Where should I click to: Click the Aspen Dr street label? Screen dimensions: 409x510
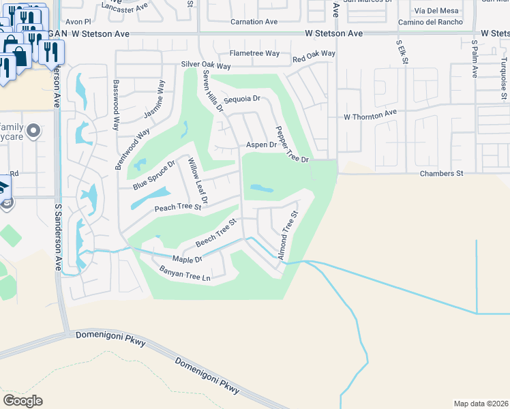(x=261, y=145)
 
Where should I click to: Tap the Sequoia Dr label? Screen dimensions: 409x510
(x=243, y=99)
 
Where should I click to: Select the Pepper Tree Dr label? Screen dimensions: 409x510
(x=292, y=144)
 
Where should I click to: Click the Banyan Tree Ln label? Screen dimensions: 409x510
(x=184, y=275)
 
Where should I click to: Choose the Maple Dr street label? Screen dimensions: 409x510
(x=187, y=260)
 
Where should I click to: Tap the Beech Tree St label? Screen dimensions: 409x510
(x=215, y=233)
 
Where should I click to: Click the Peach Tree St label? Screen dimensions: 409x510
(x=178, y=207)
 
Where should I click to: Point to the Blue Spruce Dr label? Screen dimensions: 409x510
(x=154, y=175)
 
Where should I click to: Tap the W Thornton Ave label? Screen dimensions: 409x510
(x=370, y=117)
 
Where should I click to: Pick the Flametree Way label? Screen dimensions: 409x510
(x=254, y=53)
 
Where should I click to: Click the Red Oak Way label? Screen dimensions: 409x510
(x=314, y=53)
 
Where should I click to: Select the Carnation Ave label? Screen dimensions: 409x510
(x=254, y=22)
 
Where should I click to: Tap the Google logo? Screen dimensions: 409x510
(x=22, y=400)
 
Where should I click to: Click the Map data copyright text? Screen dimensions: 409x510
(x=480, y=403)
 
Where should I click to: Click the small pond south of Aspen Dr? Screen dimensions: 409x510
(x=262, y=188)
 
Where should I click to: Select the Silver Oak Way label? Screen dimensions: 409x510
(x=206, y=66)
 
